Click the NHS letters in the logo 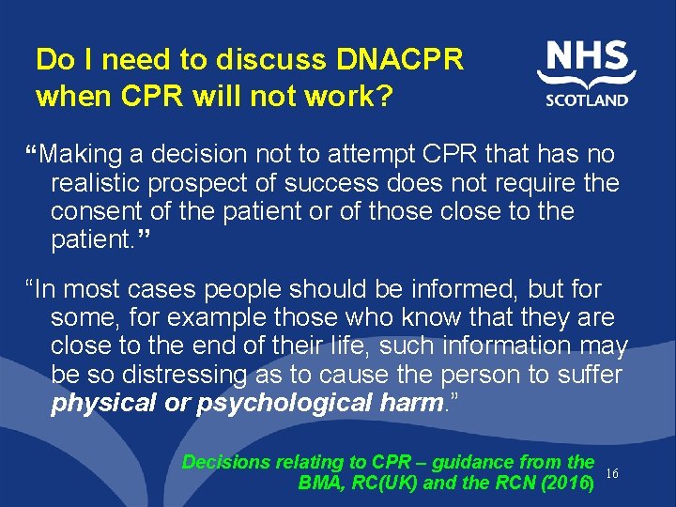(x=587, y=58)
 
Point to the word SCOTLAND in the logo (x=587, y=100)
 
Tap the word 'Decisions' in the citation (x=225, y=462)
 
